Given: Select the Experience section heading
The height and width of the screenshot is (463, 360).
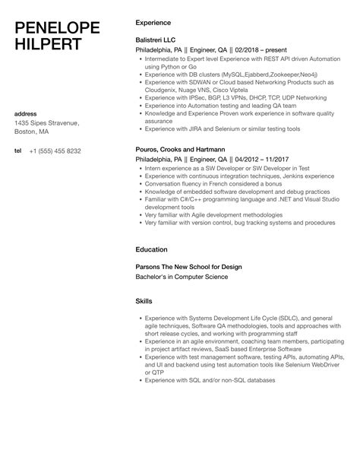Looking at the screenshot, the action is pyautogui.click(x=153, y=23).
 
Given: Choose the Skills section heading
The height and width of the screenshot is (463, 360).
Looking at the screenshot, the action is pyautogui.click(x=144, y=301).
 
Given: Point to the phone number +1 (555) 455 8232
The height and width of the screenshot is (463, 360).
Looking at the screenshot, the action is pyautogui.click(x=55, y=151).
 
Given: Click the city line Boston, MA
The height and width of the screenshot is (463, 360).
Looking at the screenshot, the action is pyautogui.click(x=33, y=132).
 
